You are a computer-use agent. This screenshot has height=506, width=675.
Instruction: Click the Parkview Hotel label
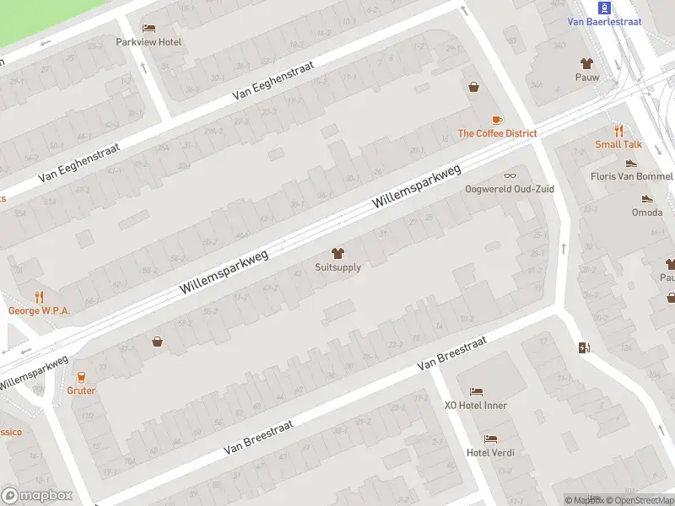[x=148, y=42]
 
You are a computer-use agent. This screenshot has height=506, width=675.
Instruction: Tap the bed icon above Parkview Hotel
[x=148, y=29]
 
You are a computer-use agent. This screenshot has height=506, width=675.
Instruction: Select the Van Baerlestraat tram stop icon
[x=603, y=7]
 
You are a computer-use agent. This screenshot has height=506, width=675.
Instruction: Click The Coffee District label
[x=497, y=133]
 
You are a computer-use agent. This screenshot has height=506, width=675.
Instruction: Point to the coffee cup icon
[x=497, y=120]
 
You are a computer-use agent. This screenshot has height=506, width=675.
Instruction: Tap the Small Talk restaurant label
[x=619, y=144]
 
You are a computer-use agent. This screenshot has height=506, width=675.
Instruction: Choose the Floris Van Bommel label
[x=631, y=176]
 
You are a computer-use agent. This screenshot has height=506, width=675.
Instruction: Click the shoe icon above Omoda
[x=647, y=199]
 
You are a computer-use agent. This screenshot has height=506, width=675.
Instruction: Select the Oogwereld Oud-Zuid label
[x=510, y=189]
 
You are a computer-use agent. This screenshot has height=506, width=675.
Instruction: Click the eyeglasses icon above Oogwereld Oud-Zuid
[x=510, y=175]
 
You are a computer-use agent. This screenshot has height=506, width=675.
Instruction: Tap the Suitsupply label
[x=337, y=267]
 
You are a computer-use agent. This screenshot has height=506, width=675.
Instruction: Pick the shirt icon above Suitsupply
[x=337, y=253]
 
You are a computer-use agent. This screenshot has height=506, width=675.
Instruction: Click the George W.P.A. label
[x=39, y=310]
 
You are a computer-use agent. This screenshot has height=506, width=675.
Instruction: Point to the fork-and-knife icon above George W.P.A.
[x=39, y=297]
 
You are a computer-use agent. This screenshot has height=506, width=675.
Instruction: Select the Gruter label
[x=82, y=390]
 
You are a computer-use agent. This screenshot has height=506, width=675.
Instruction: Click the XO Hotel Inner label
[x=476, y=405]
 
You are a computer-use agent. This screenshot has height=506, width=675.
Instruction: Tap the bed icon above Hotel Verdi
[x=490, y=439]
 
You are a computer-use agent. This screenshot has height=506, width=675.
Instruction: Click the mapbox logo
[x=37, y=496]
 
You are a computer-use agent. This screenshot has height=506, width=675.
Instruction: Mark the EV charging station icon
[x=584, y=347]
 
